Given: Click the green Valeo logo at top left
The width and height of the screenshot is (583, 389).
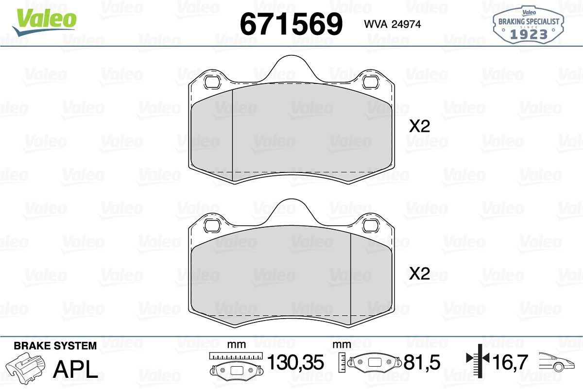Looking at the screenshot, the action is coord(45,22).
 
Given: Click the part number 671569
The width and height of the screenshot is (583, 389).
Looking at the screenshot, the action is coord(291,24).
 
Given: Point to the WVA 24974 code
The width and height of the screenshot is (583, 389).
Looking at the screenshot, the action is coord(392,24).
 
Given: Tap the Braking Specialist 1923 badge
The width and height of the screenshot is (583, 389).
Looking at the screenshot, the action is coord(529,25).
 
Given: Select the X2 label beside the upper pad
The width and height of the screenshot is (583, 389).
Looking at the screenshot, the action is coord(419,126).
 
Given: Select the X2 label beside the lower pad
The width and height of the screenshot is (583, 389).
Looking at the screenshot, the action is coord(419,274).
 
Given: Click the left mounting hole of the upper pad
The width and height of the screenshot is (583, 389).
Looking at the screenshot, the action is coord(213,82).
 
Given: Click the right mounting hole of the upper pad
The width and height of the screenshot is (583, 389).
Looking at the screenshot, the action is coord(371,82).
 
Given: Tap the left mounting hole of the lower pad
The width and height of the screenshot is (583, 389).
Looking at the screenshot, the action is coord(213,226).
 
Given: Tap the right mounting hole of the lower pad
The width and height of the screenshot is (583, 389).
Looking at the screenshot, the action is coord(371,226).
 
